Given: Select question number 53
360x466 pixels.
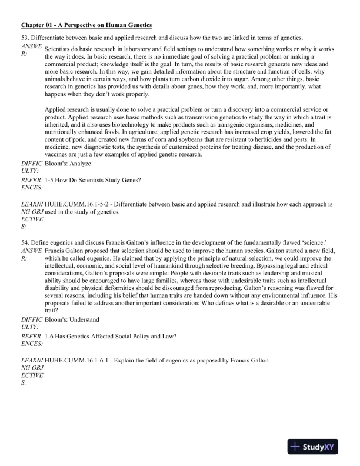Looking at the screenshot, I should pos(25,38).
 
